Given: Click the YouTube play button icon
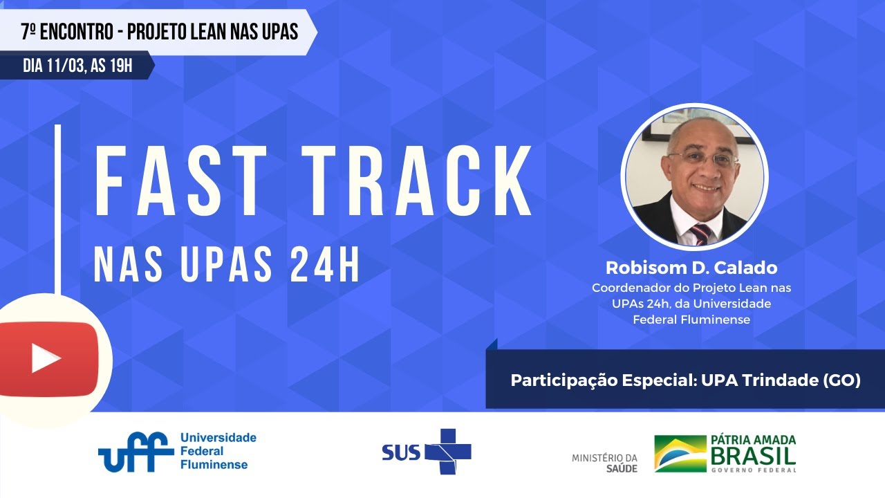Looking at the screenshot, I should (x=46, y=358).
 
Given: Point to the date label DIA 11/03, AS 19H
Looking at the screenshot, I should (x=77, y=66).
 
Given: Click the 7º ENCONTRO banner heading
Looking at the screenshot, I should (x=159, y=32).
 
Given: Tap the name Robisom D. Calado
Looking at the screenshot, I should (x=691, y=268).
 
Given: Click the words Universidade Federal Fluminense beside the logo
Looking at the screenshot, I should (x=217, y=451).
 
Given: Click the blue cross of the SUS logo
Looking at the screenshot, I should (x=447, y=451).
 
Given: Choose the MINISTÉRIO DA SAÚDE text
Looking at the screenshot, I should (x=604, y=463).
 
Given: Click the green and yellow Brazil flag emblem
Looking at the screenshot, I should (x=680, y=453).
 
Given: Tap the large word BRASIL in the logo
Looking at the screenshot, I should (x=752, y=456).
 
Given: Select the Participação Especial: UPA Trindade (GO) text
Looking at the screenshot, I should (x=685, y=380).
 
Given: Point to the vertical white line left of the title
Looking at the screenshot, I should (x=57, y=207).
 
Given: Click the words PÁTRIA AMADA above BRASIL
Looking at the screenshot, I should (x=752, y=441).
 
